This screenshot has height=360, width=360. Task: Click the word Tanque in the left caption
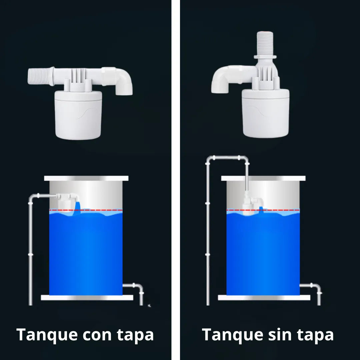pos(47,335)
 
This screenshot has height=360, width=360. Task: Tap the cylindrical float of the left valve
pos(78,115)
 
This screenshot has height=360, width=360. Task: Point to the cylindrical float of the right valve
pos(266,113)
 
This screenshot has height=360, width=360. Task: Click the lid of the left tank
pos(86,178)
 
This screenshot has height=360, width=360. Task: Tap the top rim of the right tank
pos(263,178)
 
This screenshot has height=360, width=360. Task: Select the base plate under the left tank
pos(87,298)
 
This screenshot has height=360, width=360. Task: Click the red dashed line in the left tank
pos(100,210)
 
